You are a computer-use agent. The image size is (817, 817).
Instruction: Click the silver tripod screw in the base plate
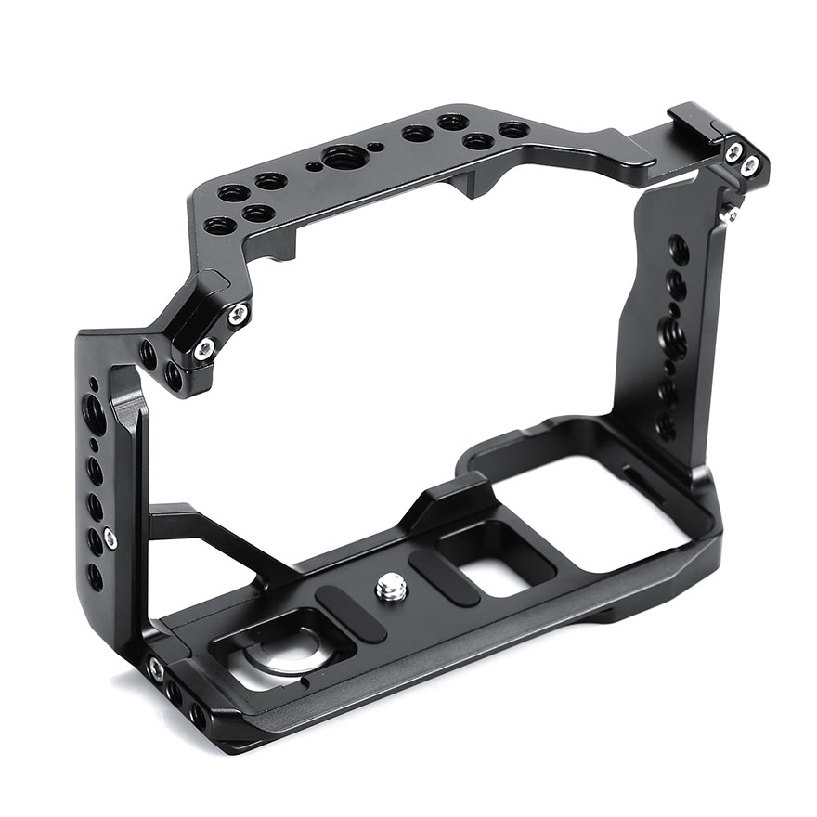click(x=391, y=586)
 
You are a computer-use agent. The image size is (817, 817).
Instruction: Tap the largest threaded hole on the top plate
click(x=345, y=157)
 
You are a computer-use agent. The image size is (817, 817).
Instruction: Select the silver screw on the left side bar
click(x=110, y=538)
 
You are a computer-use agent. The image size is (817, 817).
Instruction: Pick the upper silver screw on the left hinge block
click(x=239, y=313)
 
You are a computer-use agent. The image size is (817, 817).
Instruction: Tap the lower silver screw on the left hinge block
click(x=204, y=349)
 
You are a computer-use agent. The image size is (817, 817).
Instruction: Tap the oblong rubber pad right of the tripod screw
click(x=444, y=576)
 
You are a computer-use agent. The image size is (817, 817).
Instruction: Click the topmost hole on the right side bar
click(x=679, y=249)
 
